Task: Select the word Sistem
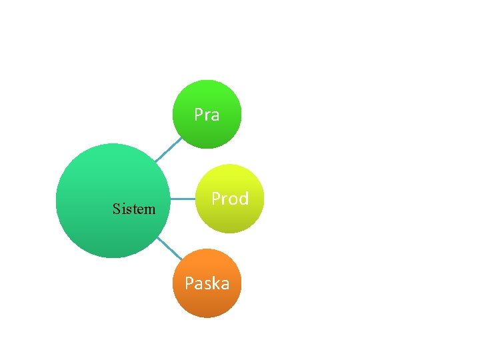click(134, 209)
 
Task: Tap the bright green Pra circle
click(207, 100)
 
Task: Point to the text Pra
click(207, 115)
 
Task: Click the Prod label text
click(230, 199)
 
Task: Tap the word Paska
click(207, 284)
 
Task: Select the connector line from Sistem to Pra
click(168, 150)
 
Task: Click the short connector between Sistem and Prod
click(183, 199)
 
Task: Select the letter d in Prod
click(243, 199)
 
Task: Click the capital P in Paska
click(189, 284)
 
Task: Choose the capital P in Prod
click(216, 199)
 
